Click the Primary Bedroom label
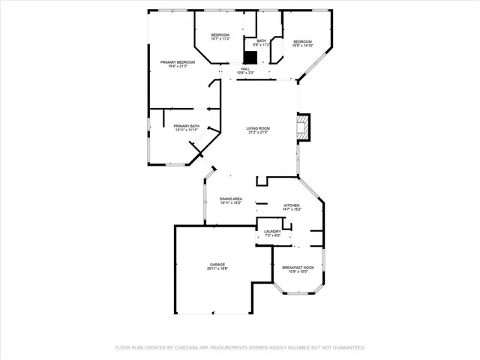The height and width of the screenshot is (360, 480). click(x=178, y=62)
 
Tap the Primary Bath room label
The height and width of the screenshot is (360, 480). click(x=186, y=126)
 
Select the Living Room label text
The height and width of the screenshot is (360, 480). click(x=258, y=128)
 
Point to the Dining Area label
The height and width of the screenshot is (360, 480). click(x=231, y=199)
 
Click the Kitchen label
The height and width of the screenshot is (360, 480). click(x=292, y=205)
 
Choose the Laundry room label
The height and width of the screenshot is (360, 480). click(x=272, y=232)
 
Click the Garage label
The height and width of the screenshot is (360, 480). click(x=217, y=265)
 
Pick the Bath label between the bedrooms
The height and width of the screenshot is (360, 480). click(x=261, y=40)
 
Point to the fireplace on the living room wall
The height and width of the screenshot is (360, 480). click(x=302, y=127)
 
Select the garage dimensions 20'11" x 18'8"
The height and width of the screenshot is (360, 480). click(x=217, y=269)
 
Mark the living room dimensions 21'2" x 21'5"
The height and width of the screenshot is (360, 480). click(x=258, y=133)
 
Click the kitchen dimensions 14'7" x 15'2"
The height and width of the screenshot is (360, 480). click(x=292, y=210)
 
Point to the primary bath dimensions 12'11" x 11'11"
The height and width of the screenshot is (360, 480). click(x=186, y=130)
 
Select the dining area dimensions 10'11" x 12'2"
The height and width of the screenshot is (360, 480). click(x=231, y=203)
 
